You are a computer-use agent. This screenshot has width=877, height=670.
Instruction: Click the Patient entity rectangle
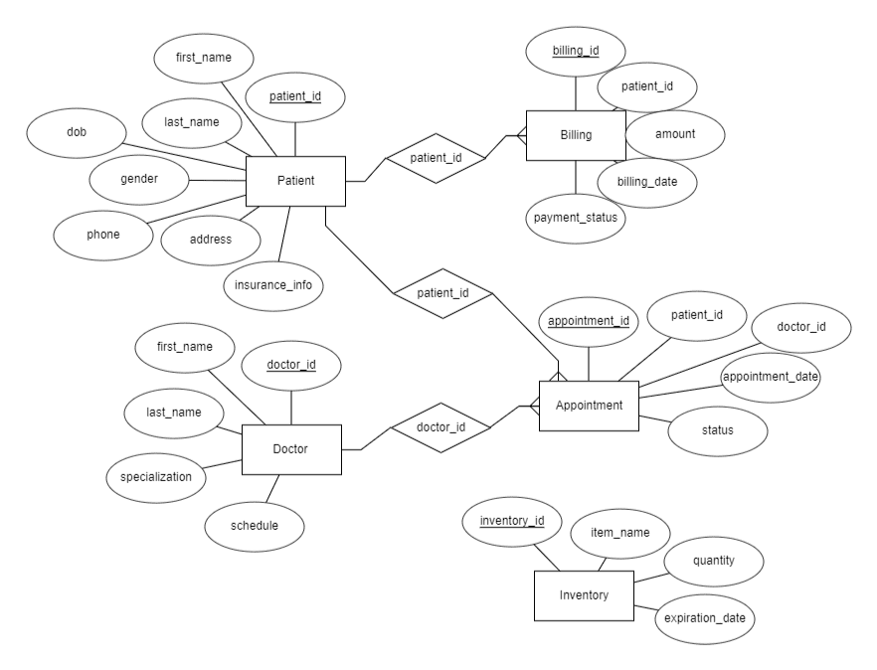(x=295, y=182)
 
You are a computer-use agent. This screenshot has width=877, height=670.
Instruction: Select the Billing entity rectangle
(x=576, y=135)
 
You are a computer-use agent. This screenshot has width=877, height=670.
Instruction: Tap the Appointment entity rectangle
(x=589, y=405)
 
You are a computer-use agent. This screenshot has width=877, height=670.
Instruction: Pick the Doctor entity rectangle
(x=291, y=449)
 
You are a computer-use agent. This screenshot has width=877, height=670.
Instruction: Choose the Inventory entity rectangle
(x=583, y=595)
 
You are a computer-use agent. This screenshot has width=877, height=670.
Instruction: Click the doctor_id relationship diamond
(x=440, y=427)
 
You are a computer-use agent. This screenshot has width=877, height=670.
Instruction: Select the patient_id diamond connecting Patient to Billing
(x=434, y=157)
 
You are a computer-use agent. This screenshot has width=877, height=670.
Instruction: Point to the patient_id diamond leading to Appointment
(x=442, y=294)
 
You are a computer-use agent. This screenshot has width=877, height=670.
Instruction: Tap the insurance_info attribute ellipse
(x=273, y=284)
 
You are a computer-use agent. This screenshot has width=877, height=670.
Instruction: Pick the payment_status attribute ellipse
(x=576, y=218)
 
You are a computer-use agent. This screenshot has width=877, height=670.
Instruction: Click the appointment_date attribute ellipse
(x=772, y=377)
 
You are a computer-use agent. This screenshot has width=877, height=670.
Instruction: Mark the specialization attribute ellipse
(x=155, y=477)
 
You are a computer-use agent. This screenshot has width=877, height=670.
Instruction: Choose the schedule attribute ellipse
(x=256, y=525)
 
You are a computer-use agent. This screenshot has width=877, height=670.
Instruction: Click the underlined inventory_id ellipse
(x=513, y=521)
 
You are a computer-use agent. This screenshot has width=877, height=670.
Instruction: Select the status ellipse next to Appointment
(x=716, y=430)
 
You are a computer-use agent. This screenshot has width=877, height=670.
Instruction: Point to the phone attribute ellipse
(x=102, y=235)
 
